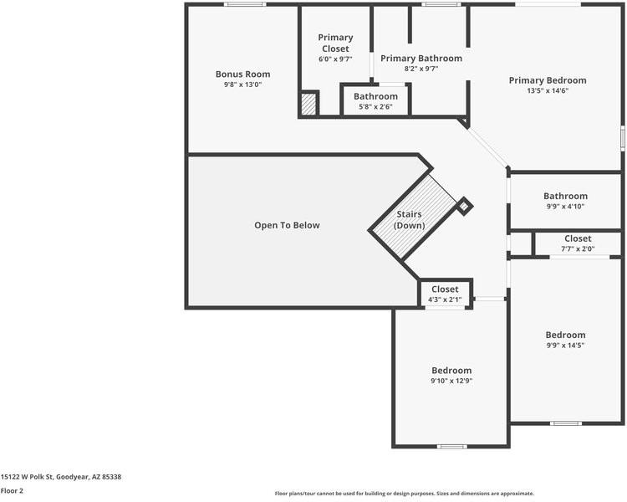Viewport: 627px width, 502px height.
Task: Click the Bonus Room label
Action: (242, 74)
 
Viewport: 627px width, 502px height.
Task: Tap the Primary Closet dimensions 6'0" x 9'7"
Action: (336, 59)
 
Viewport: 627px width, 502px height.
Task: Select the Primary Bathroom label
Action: (421, 59)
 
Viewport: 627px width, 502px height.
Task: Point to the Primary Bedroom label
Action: (548, 80)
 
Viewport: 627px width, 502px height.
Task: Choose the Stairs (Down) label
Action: (410, 221)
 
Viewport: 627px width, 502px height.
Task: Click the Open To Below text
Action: (287, 225)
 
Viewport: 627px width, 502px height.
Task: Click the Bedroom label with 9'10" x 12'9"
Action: (451, 371)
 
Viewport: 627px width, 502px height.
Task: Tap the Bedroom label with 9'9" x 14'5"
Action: (565, 335)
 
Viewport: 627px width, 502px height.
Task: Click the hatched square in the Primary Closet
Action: (308, 105)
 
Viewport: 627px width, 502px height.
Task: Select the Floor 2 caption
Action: (12, 491)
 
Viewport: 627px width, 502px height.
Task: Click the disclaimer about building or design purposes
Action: (404, 494)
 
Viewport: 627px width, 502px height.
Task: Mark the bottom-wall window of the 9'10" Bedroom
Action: (452, 446)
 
